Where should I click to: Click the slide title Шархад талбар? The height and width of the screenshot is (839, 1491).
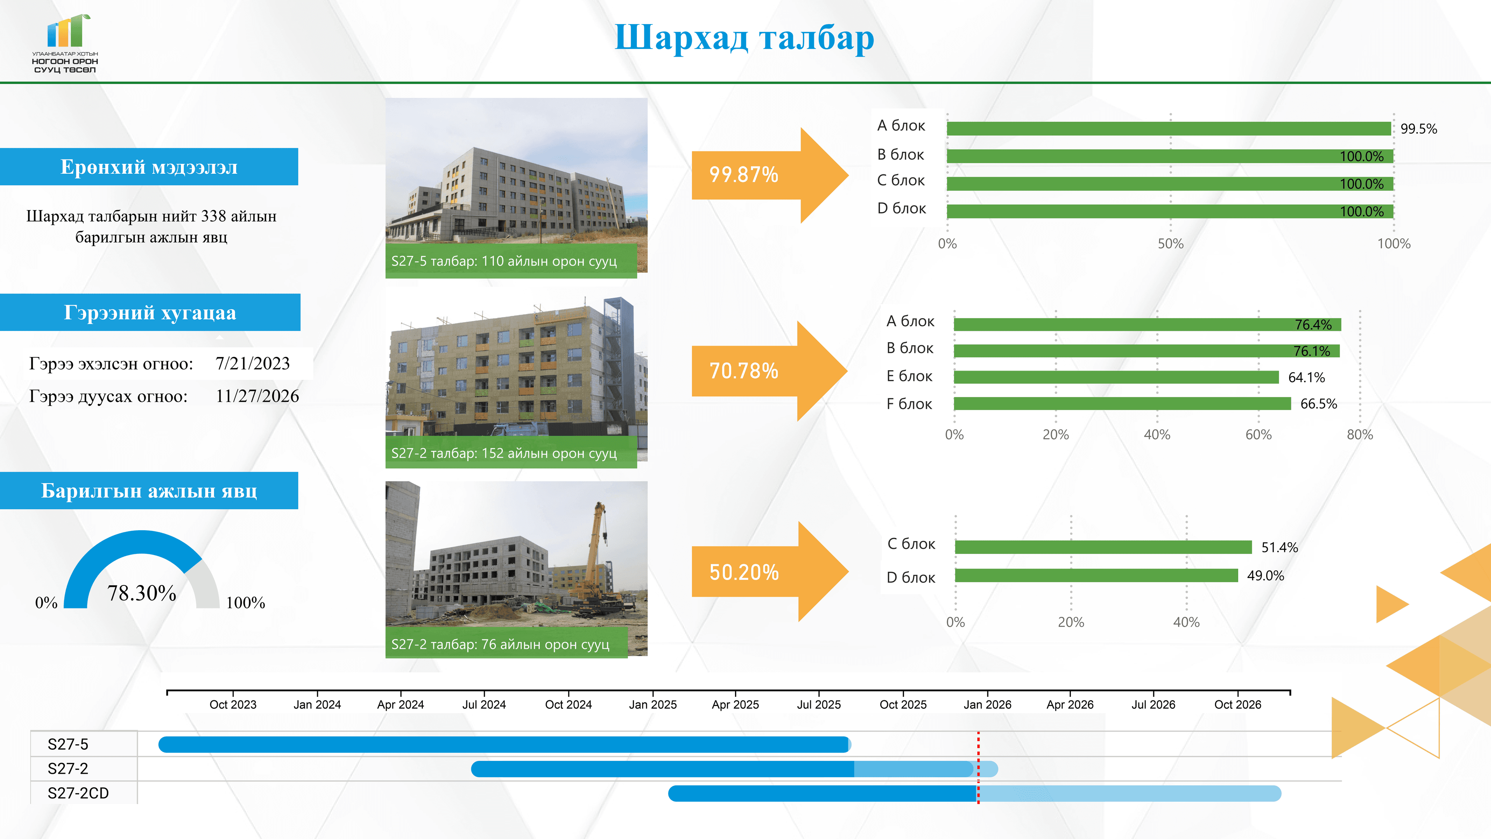point(744,38)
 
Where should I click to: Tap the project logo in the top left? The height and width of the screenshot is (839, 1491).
point(65,44)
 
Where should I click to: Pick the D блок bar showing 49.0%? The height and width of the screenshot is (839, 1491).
point(1096,576)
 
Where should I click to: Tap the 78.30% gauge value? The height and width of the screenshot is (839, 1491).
point(142,593)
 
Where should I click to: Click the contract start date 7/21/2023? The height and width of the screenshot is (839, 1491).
point(252,364)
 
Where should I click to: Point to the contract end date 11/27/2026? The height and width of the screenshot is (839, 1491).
point(257,396)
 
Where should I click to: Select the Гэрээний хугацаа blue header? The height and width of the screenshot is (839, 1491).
point(150,313)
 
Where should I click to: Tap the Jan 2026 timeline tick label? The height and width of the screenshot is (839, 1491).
point(987,705)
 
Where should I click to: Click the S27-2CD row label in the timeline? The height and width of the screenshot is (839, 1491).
point(78,793)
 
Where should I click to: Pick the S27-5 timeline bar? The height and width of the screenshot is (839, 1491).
point(504,745)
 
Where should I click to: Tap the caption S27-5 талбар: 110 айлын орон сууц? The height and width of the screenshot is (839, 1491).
point(504,261)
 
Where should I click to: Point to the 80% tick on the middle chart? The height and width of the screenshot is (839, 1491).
point(1360,435)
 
